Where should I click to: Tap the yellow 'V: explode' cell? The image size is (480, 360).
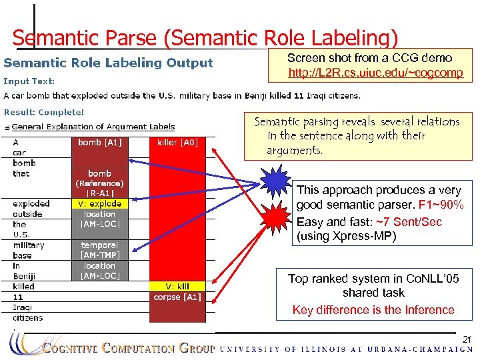point(99,203)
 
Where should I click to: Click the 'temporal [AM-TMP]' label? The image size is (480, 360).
point(99,250)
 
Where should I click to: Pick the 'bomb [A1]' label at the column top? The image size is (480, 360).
point(99,142)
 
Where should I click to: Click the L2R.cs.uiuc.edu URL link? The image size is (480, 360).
point(375,72)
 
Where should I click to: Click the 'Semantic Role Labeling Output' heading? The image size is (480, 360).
point(108,63)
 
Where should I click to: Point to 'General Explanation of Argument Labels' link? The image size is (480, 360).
point(93,127)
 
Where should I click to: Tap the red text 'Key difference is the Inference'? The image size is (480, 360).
point(373,310)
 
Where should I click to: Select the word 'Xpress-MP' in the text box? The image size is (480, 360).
point(369,236)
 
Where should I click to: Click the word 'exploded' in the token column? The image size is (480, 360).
point(31,203)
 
